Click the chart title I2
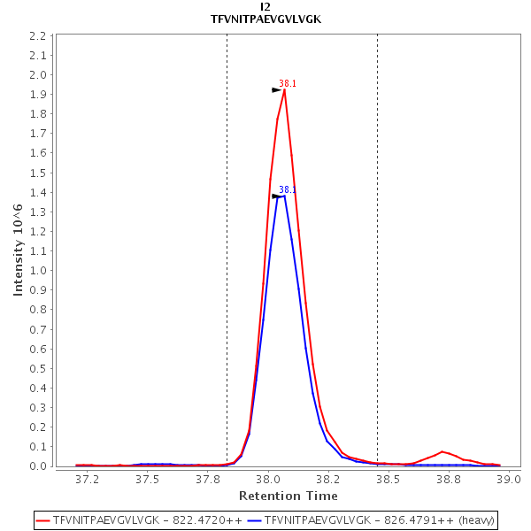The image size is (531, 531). (x=265, y=6)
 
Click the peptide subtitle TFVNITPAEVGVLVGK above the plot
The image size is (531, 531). (x=265, y=19)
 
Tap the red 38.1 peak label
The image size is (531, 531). (x=288, y=84)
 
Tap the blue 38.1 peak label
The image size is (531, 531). (x=288, y=190)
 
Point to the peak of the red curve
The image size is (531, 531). (x=284, y=89)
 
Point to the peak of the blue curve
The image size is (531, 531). (x=283, y=195)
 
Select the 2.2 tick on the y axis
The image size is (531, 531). (x=37, y=36)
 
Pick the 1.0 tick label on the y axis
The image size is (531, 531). (x=37, y=271)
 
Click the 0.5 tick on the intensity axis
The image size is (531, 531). (x=37, y=368)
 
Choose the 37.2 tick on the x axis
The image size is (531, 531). (x=87, y=479)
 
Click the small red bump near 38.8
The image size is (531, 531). (x=442, y=451)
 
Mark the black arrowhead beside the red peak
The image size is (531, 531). (x=276, y=89)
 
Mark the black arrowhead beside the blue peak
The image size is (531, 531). (x=276, y=196)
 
